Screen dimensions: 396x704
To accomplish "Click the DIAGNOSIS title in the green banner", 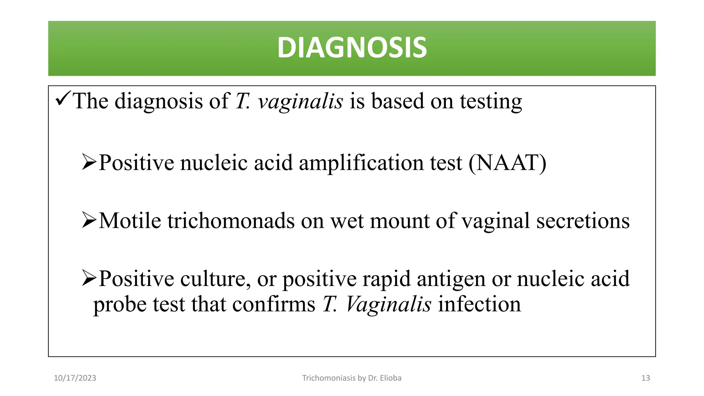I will [352, 48].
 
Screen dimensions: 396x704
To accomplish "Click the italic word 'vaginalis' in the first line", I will [300, 101].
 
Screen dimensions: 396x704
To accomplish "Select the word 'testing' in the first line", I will [491, 101].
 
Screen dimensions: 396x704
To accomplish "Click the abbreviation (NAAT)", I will [507, 163].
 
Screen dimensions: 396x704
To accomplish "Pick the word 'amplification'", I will [361, 163].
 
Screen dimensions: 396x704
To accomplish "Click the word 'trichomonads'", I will [231, 220].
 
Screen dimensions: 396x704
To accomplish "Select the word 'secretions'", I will [583, 220].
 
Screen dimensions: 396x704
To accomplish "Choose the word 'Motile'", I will [130, 220].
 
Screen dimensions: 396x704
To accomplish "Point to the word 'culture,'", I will [216, 279].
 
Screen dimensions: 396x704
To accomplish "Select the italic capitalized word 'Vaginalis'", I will [388, 304].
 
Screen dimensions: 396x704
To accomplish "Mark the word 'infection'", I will [479, 304].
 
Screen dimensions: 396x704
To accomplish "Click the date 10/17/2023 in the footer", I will [75, 378].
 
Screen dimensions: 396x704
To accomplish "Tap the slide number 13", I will [646, 378].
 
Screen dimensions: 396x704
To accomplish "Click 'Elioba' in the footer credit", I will [390, 378].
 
